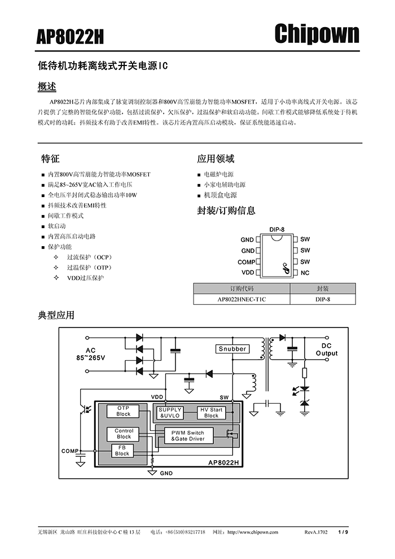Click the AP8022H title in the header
point(70,37)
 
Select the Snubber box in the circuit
point(232,348)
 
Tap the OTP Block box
point(123,411)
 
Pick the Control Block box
point(124,434)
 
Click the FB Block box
point(122,451)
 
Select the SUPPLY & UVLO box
point(170,413)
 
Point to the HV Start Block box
point(211,413)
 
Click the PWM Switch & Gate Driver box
point(188,436)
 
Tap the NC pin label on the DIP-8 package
point(305,273)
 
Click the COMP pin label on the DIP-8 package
point(247,262)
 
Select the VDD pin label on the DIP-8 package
point(248,273)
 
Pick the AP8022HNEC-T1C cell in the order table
point(242,299)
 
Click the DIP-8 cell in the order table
point(323,299)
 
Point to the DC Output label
point(327,350)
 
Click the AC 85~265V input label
point(90,355)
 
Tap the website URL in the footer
point(253,532)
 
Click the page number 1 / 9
point(343,532)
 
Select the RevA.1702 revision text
point(316,532)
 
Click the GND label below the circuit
point(166,473)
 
